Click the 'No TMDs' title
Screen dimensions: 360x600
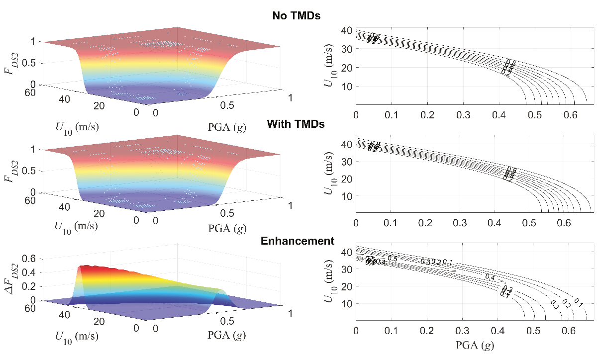(x=296, y=16)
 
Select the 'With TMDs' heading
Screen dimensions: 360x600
(x=296, y=124)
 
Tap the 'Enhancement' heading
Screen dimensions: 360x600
(x=297, y=241)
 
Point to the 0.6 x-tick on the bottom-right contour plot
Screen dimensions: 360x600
(x=570, y=330)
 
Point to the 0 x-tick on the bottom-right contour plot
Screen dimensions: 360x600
(x=356, y=330)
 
